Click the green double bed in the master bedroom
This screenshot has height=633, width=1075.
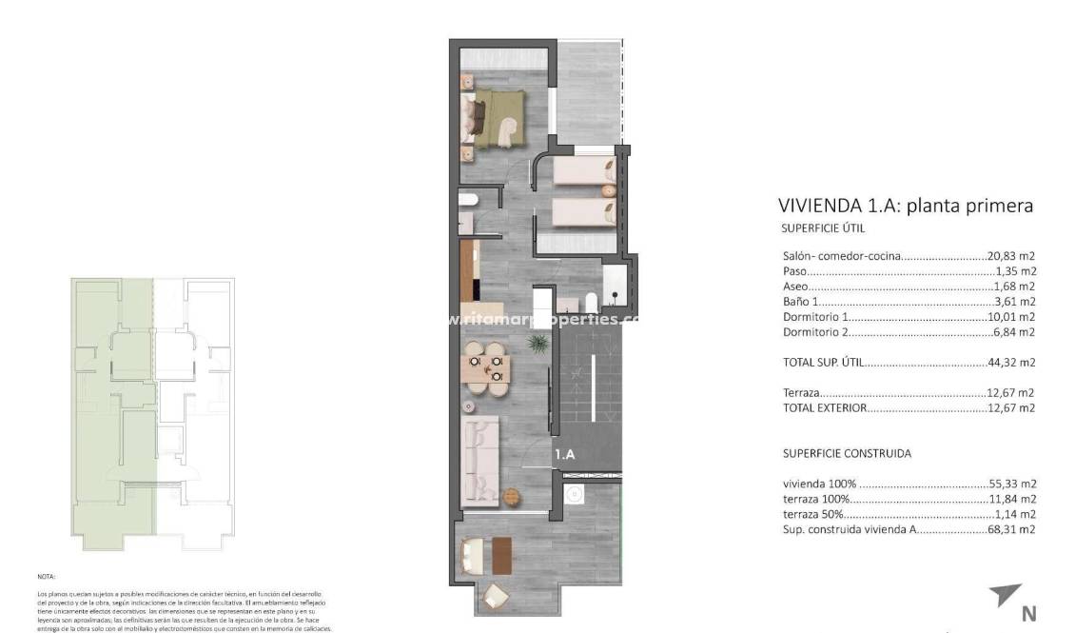499,119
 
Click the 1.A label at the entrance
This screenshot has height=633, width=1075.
565,455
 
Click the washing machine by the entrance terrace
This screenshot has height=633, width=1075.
573,494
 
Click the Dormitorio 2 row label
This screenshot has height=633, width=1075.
815,332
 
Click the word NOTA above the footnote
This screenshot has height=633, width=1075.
47,577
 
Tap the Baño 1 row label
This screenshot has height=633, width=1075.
801,302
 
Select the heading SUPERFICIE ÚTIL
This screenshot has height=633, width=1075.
823,228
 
